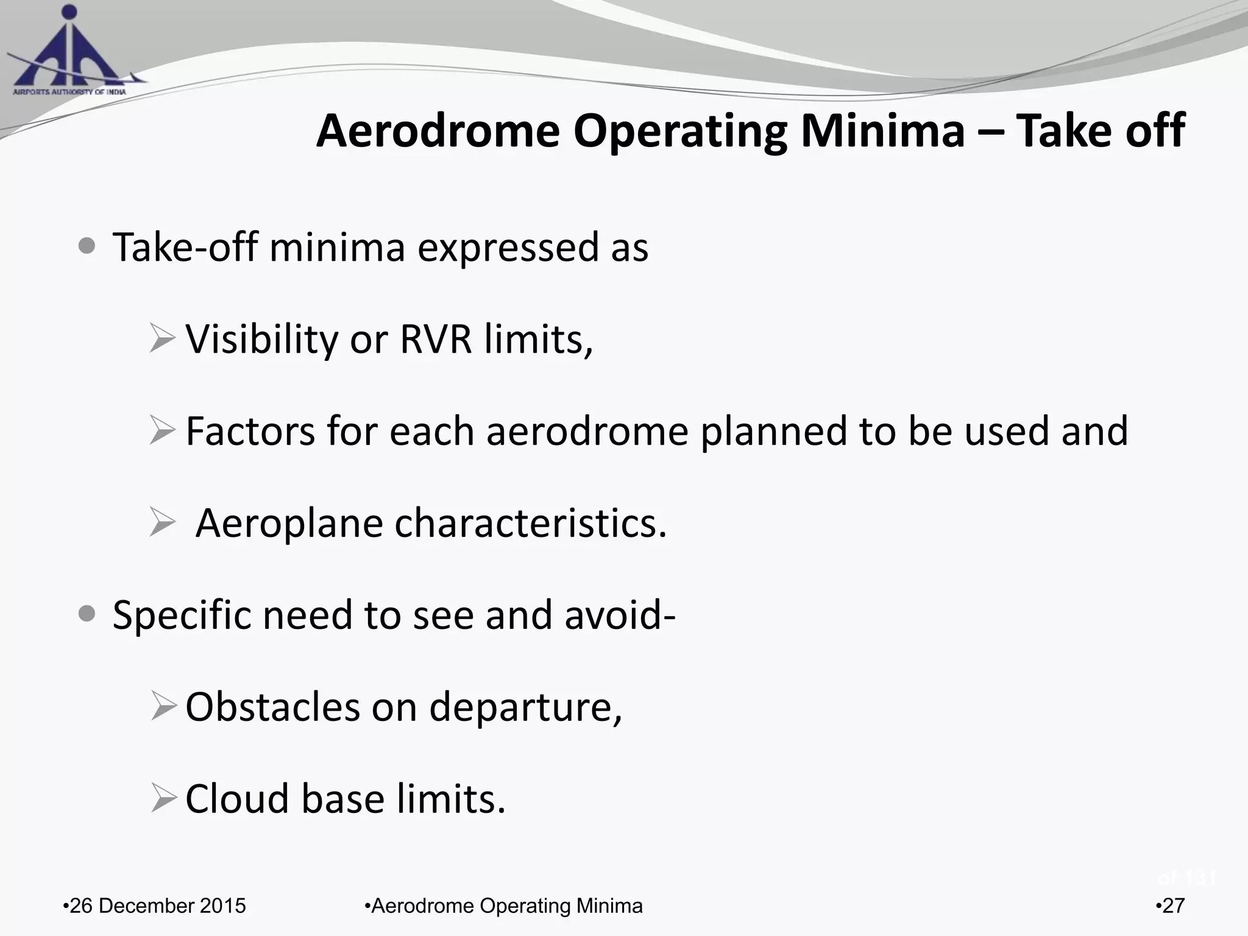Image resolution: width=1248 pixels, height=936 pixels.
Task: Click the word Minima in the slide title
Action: pos(882,131)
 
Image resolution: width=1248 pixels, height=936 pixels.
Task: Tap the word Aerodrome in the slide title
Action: pos(438,131)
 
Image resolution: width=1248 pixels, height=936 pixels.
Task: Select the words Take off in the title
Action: pos(1100,131)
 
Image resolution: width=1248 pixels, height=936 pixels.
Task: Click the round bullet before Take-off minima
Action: pos(87,247)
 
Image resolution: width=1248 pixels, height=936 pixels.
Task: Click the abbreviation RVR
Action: pos(435,339)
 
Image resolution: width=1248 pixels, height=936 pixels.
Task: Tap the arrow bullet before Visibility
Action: pos(162,339)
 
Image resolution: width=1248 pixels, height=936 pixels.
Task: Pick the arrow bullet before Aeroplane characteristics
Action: pos(162,523)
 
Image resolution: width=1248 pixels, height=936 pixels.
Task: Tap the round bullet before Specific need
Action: pos(87,614)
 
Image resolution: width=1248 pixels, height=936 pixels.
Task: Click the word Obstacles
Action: pos(272,707)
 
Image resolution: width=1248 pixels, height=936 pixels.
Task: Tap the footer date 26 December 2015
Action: pos(156,906)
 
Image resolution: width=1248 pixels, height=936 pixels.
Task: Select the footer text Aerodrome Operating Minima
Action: pos(505,906)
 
